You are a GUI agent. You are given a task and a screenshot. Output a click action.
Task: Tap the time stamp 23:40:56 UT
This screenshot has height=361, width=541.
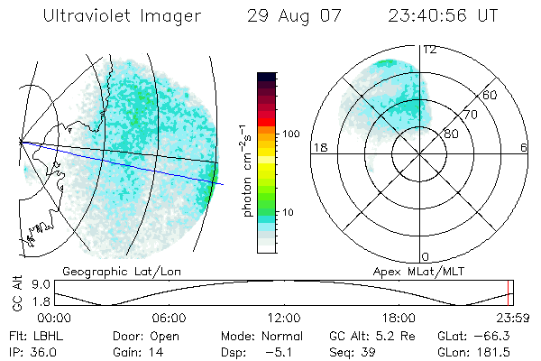[x=442, y=16]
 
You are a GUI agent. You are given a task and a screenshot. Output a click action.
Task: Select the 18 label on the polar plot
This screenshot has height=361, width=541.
[x=319, y=147]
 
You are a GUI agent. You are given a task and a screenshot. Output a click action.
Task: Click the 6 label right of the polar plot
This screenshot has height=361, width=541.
[x=524, y=147]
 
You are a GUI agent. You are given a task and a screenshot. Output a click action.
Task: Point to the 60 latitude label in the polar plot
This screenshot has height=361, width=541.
[x=490, y=96]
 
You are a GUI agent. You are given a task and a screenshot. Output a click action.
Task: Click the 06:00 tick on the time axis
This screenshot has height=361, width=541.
[x=169, y=318]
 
